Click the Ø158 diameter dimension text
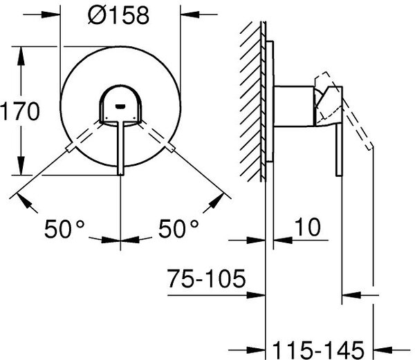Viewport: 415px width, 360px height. coord(118,15)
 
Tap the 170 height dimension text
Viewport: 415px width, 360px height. coord(20,111)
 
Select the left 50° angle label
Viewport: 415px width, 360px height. coord(64,229)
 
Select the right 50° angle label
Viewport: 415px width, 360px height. coord(178,229)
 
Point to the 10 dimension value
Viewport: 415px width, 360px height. coord(307,227)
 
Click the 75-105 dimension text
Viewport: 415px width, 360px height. coord(207,278)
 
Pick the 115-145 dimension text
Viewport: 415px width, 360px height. coord(318,350)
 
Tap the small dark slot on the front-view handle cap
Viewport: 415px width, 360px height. coord(120,106)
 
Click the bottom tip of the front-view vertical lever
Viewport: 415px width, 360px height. coord(120,175)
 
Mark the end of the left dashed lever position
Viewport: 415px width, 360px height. coord(69,148)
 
